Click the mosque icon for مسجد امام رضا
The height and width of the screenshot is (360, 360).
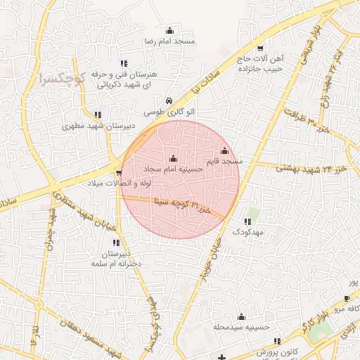[169, 30]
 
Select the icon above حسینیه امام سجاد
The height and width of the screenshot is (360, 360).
[174, 158]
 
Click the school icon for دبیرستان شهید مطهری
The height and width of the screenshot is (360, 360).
[98, 115]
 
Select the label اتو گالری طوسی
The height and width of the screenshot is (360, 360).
[169, 112]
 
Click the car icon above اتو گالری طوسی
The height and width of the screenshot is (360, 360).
[169, 101]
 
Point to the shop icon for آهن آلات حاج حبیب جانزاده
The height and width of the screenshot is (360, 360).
[261, 49]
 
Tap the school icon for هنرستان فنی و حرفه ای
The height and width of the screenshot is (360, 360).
[124, 63]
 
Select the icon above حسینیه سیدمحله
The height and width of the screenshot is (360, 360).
[242, 316]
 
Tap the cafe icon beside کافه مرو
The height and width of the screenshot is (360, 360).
[346, 299]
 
